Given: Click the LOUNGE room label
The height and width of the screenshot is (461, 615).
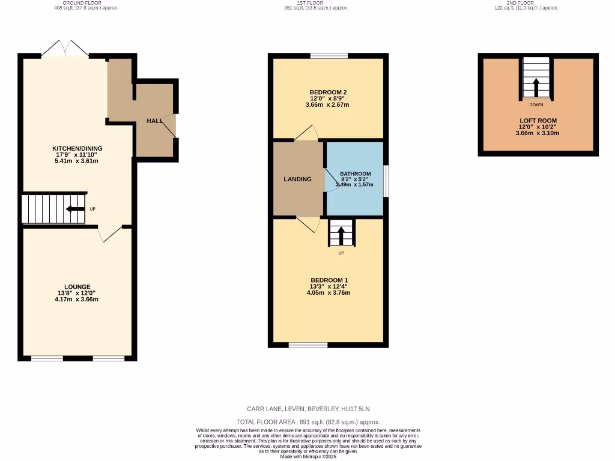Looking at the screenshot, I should [x=77, y=287].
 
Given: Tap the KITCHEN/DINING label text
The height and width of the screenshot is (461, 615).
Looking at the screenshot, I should [x=77, y=148].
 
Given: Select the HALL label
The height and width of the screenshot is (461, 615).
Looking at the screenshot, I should [x=154, y=121].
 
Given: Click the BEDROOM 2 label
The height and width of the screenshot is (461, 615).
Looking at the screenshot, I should [x=328, y=92].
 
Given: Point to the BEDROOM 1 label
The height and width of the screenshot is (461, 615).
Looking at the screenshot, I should [x=329, y=280].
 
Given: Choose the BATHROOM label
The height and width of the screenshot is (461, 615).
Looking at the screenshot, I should [x=356, y=174].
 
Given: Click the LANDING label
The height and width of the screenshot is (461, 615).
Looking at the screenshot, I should [x=298, y=179].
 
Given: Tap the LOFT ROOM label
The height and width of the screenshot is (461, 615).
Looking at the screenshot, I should [x=537, y=121].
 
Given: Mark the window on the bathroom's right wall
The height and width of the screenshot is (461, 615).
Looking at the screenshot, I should [x=386, y=180].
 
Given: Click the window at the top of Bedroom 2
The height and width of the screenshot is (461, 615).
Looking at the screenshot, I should [x=329, y=56].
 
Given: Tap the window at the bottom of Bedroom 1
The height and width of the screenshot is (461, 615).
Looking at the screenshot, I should [x=308, y=345].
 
